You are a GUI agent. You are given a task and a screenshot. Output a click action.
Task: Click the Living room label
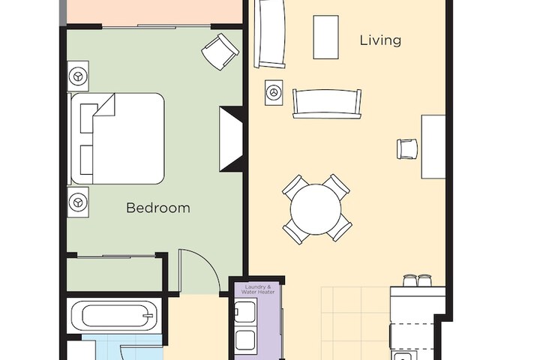(380, 40)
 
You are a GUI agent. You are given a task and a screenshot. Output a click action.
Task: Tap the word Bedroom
(157, 208)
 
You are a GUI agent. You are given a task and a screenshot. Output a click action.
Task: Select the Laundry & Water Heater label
(256, 289)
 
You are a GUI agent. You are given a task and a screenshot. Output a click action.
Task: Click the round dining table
(316, 209)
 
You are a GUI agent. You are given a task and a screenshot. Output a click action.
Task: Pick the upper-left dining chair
(295, 187)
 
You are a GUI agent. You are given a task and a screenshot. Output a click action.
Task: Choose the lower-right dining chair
(339, 229)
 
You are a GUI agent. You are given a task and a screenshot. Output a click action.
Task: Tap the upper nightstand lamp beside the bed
(78, 76)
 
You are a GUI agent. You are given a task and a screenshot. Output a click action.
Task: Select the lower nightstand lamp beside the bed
(78, 202)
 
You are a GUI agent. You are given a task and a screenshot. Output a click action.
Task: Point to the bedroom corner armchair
(220, 52)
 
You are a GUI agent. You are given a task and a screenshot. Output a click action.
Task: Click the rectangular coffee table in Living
(325, 37)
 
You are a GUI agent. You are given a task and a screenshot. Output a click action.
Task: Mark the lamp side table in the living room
(274, 91)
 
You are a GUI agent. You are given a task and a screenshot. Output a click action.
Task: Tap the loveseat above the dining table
(326, 103)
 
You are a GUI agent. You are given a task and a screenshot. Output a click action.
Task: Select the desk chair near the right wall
(407, 148)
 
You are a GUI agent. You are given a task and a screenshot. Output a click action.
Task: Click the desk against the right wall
(433, 146)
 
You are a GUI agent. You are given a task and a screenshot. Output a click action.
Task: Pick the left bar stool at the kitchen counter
(409, 280)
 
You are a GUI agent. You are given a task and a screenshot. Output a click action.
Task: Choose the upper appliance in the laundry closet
(245, 311)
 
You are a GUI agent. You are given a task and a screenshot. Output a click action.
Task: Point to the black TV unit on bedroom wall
(231, 139)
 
